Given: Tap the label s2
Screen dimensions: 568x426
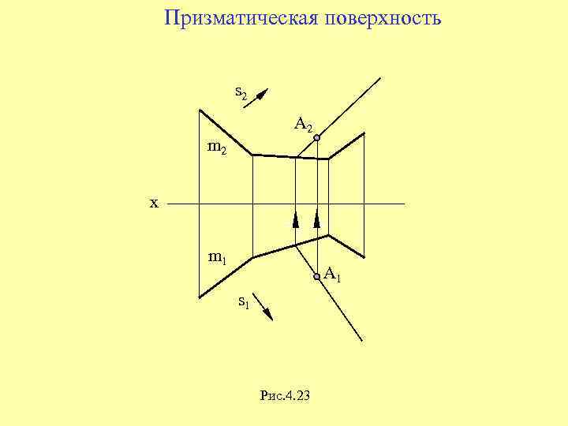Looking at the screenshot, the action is point(241,92).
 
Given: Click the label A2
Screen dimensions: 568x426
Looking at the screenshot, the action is point(304,124).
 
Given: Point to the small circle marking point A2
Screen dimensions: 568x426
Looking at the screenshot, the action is point(316,139).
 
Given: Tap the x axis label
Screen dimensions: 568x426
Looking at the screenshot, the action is point(154,204).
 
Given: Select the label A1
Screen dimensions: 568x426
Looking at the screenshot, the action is point(332,275).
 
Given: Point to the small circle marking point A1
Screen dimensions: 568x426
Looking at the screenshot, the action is point(316,276).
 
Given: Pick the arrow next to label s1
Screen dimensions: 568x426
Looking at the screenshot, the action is point(265,311).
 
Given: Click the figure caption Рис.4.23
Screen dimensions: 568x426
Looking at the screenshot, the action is point(284,395).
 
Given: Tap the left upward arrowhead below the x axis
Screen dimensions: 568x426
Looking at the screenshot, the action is point(296,219).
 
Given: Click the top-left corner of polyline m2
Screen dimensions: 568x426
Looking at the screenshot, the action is point(200,110).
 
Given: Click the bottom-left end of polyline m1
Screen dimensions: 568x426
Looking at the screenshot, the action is point(200,297).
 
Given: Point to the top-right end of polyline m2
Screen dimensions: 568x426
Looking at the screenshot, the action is point(364,133).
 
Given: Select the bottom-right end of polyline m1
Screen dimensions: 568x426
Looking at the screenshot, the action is point(364,258).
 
